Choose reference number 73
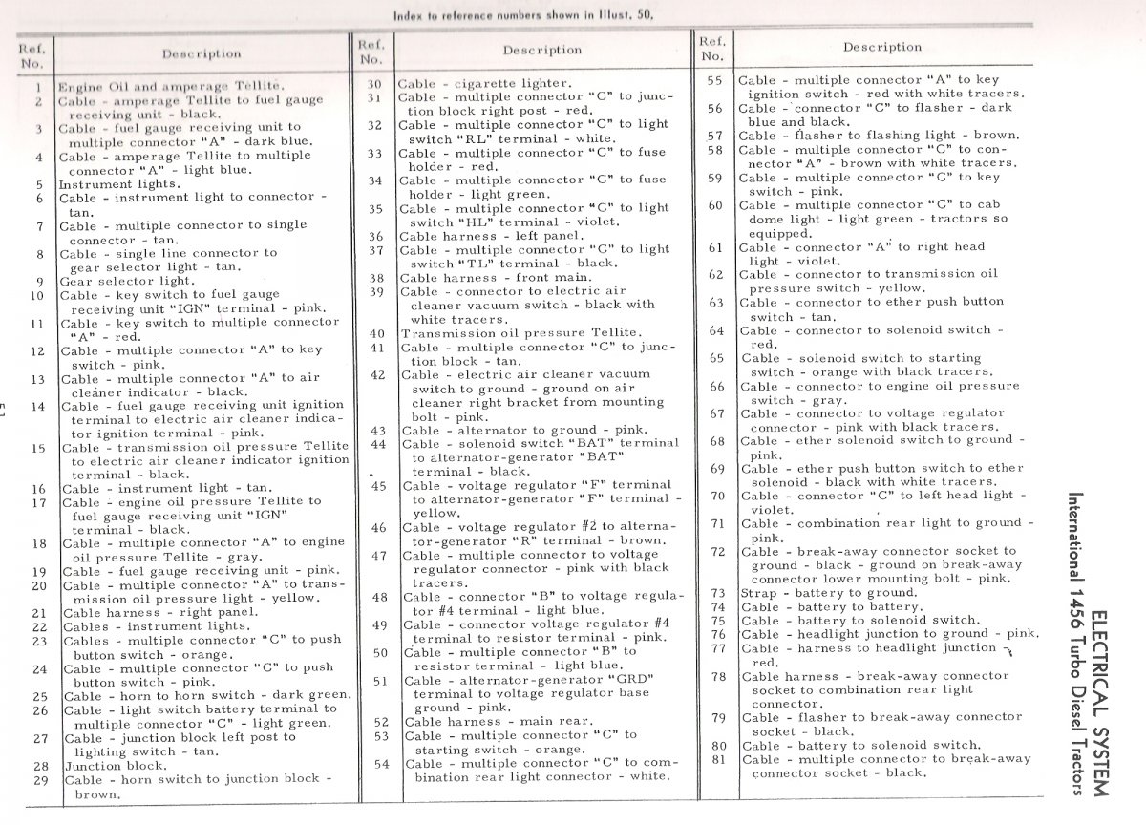(x=719, y=593)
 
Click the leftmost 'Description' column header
(x=202, y=54)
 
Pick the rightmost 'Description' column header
(x=881, y=48)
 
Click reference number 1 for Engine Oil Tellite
(x=36, y=87)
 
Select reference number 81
(x=719, y=760)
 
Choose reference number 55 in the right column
(x=713, y=81)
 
